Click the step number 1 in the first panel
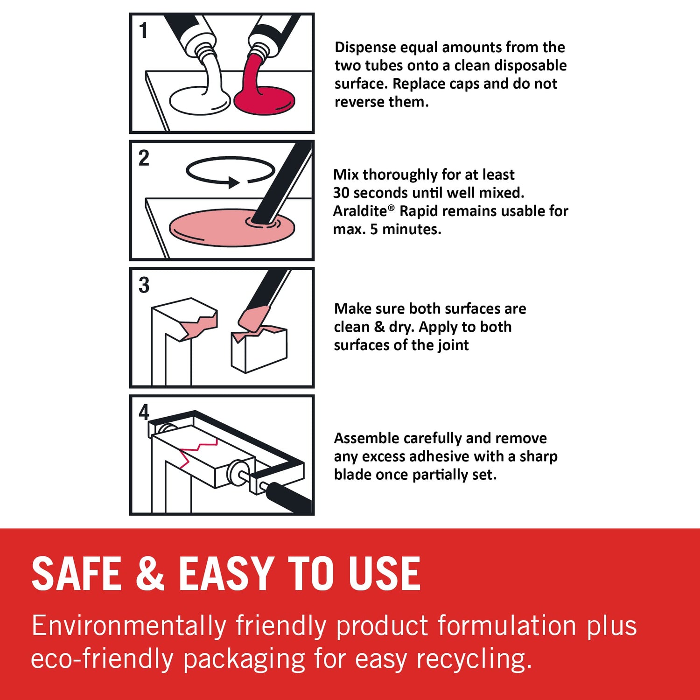coord(143,31)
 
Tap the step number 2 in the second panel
coord(144,158)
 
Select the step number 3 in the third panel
coord(144,285)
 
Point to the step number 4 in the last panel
coord(144,412)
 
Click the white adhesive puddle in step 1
coord(200,101)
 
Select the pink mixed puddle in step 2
coord(232,227)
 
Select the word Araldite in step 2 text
coord(360,211)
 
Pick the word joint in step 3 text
coord(453,345)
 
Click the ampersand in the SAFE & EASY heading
coord(150,573)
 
